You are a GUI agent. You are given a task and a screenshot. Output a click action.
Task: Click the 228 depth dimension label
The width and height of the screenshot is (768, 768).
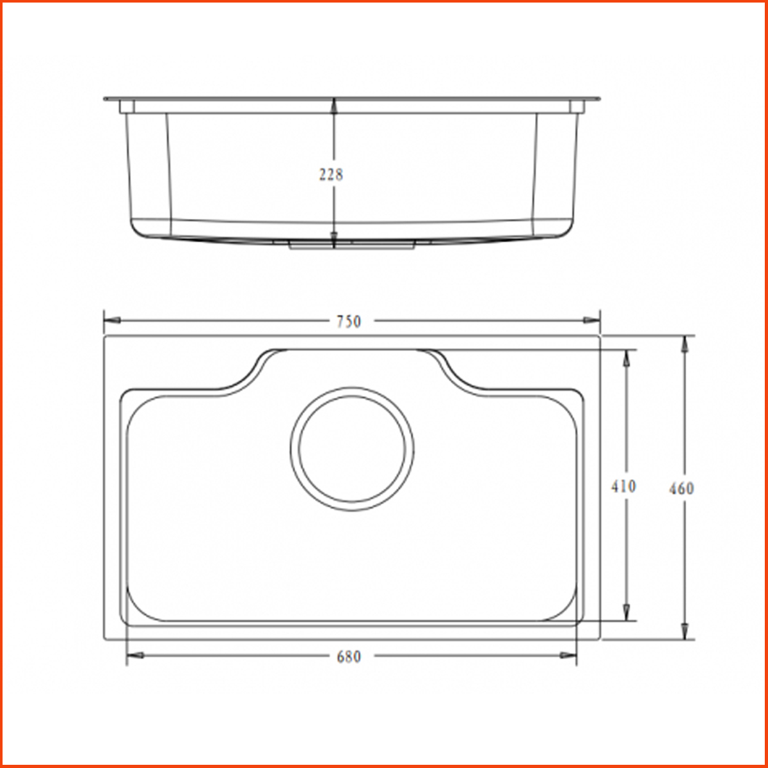click(332, 174)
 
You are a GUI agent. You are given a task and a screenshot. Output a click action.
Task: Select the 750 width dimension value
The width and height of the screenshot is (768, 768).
click(349, 321)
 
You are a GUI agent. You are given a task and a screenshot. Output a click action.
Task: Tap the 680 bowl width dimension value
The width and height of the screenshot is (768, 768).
click(349, 657)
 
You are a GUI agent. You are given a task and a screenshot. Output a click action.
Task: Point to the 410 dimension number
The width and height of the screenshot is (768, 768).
click(623, 486)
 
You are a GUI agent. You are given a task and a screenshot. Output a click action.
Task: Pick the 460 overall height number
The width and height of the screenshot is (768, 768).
click(682, 488)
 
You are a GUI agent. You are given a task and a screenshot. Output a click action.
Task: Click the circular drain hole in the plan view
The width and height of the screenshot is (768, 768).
click(351, 449)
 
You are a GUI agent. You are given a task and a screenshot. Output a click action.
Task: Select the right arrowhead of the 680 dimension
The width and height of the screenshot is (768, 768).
click(568, 655)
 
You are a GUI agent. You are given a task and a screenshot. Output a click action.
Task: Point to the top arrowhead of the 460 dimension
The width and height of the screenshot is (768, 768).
click(685, 343)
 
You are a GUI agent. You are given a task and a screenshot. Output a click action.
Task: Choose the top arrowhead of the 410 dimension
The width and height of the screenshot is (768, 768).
click(627, 358)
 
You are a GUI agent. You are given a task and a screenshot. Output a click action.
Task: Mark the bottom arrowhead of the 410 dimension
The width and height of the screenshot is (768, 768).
click(627, 612)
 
